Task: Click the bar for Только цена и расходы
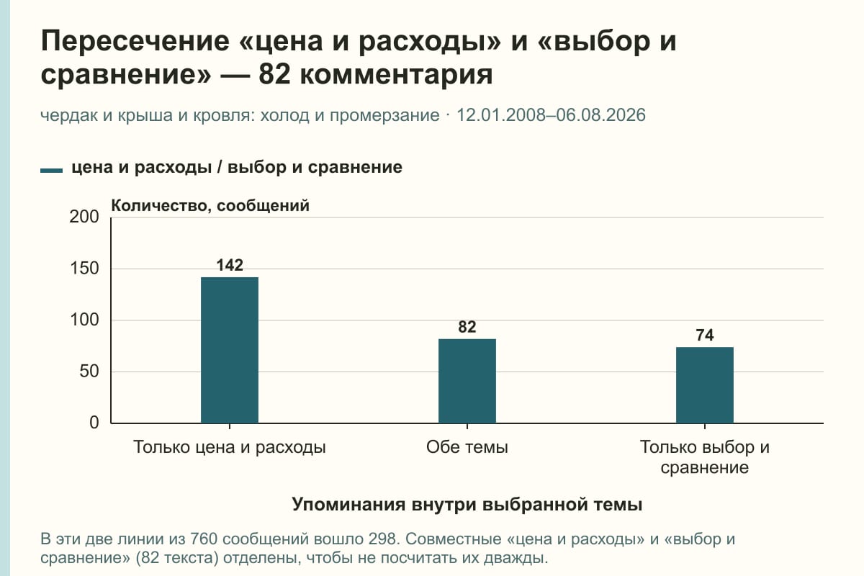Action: point(230,350)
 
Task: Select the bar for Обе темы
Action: point(467,381)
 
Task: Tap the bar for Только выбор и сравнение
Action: point(705,385)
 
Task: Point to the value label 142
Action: point(230,265)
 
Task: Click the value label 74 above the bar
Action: point(705,335)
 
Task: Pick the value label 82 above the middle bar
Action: point(467,327)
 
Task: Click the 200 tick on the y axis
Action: point(84,217)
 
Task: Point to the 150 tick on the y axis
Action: point(84,269)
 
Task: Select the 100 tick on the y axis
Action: point(84,320)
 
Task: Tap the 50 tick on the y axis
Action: point(89,372)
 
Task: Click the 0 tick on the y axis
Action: point(94,423)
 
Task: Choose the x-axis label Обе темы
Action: point(467,447)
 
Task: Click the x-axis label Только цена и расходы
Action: point(230,448)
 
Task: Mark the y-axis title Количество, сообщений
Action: point(210,206)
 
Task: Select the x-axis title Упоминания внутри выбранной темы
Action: point(467,505)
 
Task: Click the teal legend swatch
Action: point(51,170)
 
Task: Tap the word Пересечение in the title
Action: point(135,41)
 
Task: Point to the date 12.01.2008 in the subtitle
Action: point(500,115)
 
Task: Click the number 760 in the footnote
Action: point(204,539)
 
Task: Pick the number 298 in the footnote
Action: point(382,539)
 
